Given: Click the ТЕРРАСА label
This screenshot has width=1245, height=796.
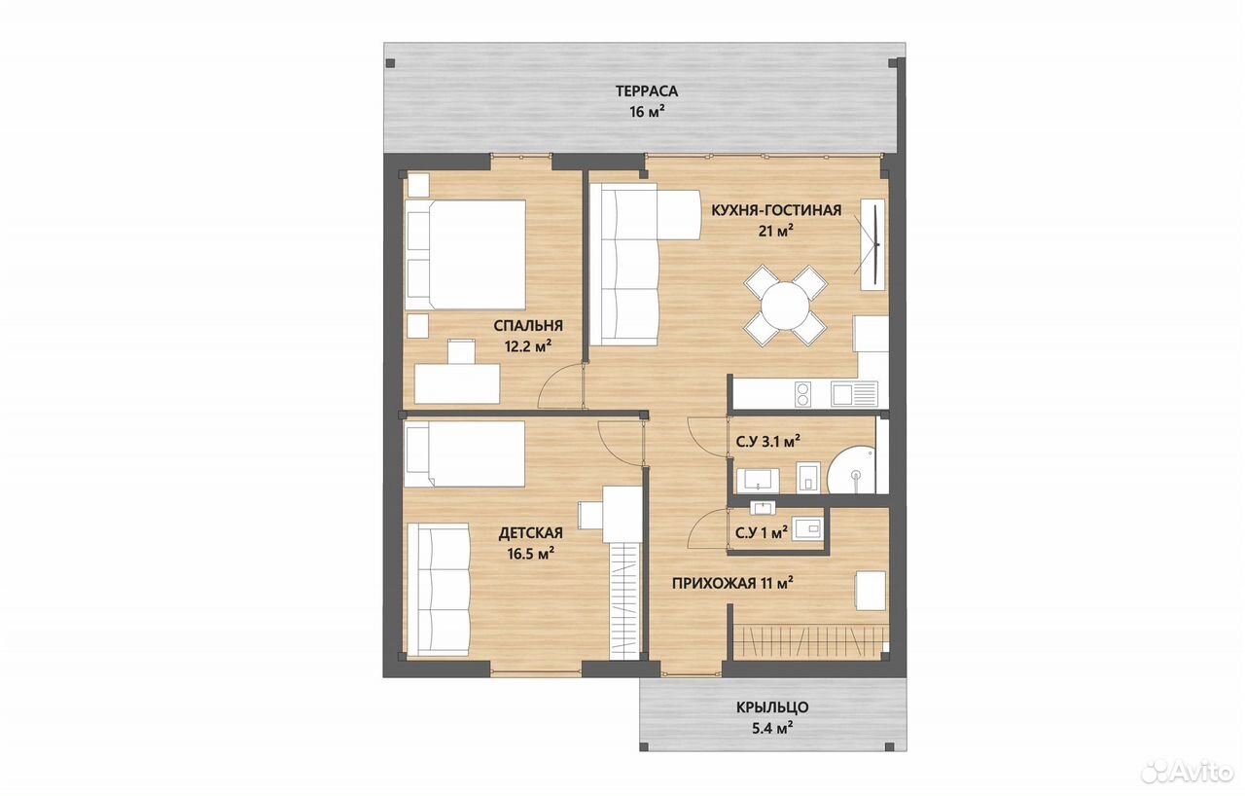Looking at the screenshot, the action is pyautogui.click(x=647, y=90).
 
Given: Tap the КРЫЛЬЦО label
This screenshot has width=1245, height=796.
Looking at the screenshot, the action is pyautogui.click(x=772, y=707).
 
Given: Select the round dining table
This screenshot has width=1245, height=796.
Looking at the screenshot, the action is pyautogui.click(x=785, y=306).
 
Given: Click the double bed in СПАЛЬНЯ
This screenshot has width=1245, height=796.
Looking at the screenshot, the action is pyautogui.click(x=465, y=255).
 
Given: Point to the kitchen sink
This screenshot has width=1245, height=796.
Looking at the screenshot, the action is pyautogui.click(x=854, y=394).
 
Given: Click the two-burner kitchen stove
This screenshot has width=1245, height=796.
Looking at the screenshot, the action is pyautogui.click(x=802, y=394).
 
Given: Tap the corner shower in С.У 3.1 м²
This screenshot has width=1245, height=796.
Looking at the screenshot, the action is pyautogui.click(x=852, y=469).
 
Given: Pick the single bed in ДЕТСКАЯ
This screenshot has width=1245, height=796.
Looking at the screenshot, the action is pyautogui.click(x=465, y=454).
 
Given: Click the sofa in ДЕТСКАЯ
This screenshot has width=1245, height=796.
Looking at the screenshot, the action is pyautogui.click(x=439, y=590).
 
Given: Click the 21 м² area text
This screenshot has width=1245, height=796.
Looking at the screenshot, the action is pyautogui.click(x=775, y=230).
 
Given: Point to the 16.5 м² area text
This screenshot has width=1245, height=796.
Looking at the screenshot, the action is pyautogui.click(x=530, y=554).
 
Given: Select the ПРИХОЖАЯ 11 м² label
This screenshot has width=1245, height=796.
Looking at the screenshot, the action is pyautogui.click(x=732, y=583).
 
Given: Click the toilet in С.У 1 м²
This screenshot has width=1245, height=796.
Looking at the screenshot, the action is pyautogui.click(x=807, y=528).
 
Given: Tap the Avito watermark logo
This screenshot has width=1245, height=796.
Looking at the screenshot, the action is pyautogui.click(x=1188, y=771).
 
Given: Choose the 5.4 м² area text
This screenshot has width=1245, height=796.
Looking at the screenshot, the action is pyautogui.click(x=772, y=728).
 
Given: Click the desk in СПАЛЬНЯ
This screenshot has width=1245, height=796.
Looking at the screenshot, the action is pyautogui.click(x=457, y=383).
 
